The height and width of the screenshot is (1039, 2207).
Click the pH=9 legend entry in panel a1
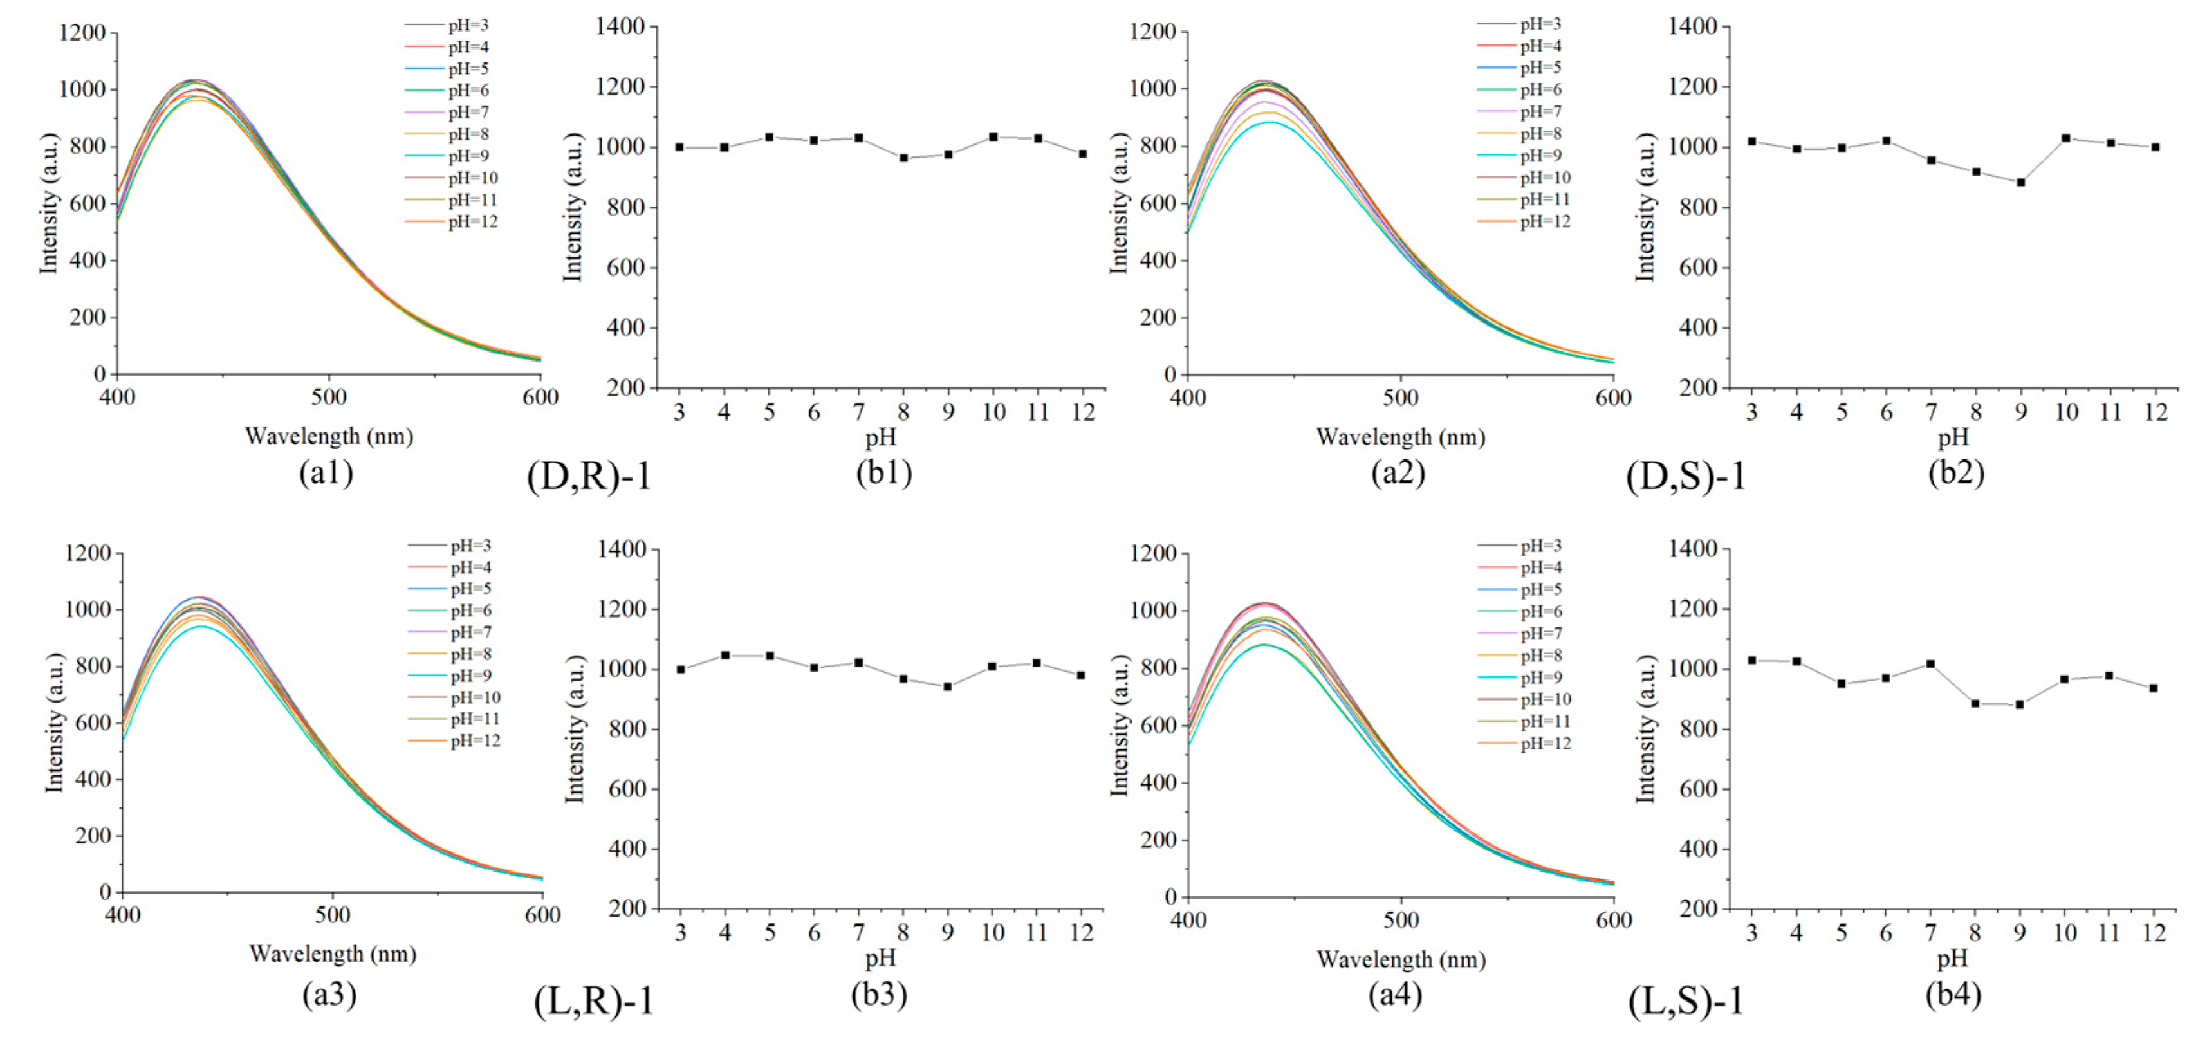pyautogui.click(x=468, y=156)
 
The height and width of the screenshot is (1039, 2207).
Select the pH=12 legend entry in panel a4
pyautogui.click(x=1546, y=744)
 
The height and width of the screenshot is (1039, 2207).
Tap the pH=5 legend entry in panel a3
pyautogui.click(x=471, y=589)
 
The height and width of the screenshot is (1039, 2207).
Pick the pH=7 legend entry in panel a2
pyautogui.click(x=1540, y=111)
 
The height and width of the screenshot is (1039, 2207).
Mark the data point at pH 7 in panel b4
pyautogui.click(x=1931, y=664)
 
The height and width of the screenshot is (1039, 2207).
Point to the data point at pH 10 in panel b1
pyautogui.click(x=993, y=136)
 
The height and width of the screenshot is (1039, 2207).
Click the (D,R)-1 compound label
pyautogui.click(x=589, y=476)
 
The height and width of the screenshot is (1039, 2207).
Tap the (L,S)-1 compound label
pyautogui.click(x=1686, y=1000)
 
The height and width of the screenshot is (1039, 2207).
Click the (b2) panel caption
pyautogui.click(x=1956, y=472)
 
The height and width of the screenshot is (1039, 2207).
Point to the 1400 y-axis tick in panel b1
pyautogui.click(x=620, y=28)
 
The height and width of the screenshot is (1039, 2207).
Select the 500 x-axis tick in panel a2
pyautogui.click(x=1400, y=398)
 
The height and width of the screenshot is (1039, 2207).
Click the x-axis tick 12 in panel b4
pyautogui.click(x=2153, y=933)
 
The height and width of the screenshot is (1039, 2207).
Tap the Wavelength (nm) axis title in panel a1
pyautogui.click(x=329, y=437)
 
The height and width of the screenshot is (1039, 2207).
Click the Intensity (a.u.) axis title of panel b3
pyautogui.click(x=573, y=729)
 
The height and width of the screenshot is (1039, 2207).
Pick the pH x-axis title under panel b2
pyautogui.click(x=1953, y=437)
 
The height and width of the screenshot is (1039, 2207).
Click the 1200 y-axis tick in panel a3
pyautogui.click(x=88, y=553)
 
